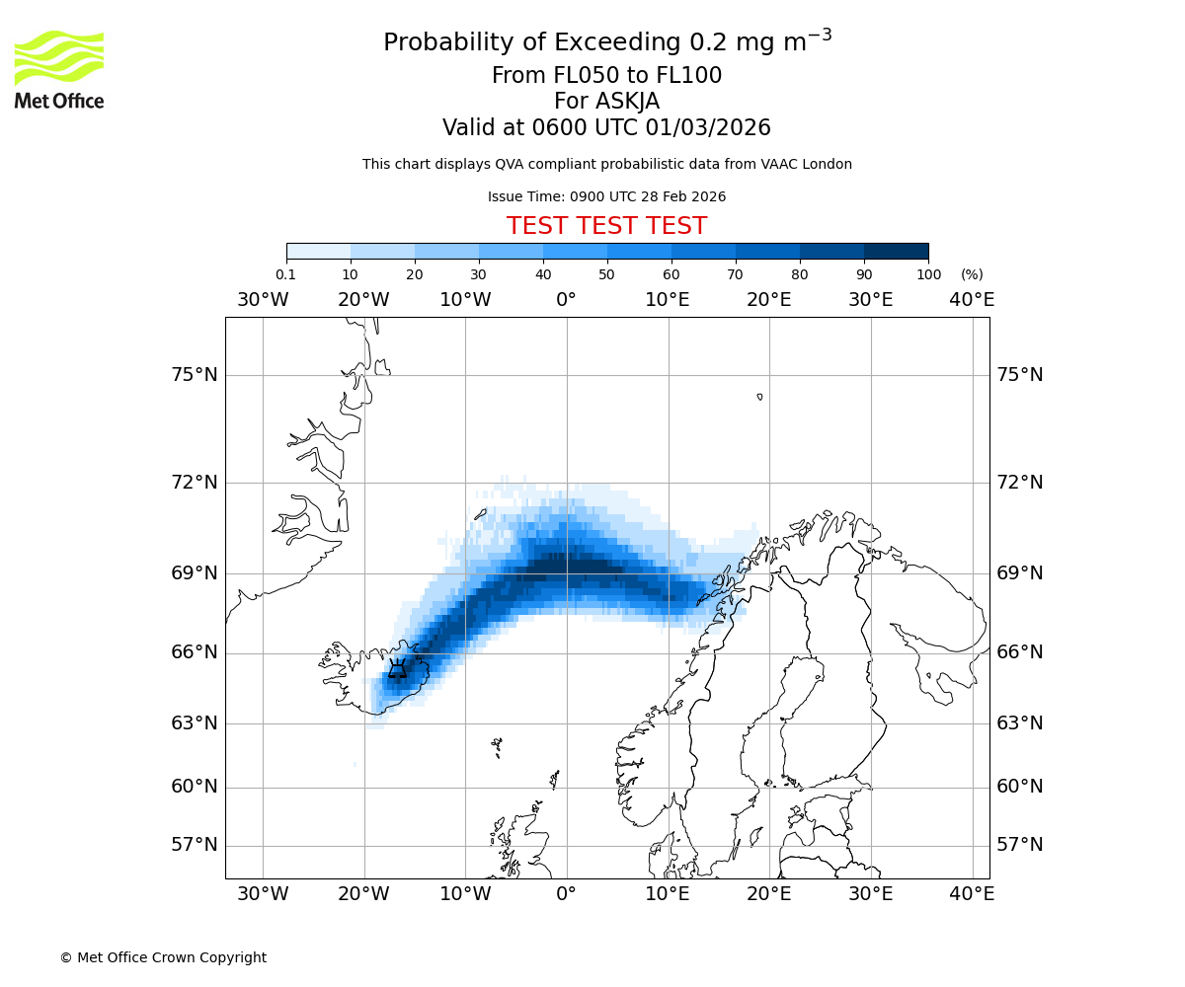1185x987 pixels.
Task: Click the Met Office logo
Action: (x=59, y=69)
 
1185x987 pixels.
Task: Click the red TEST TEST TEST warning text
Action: (x=606, y=226)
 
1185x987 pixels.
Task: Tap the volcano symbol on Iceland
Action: (x=397, y=669)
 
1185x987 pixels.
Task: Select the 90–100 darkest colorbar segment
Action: (x=896, y=251)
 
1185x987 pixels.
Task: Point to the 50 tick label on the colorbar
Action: (x=606, y=274)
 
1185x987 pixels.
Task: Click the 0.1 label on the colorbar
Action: (x=285, y=274)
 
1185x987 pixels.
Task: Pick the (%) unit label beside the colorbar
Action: (x=972, y=274)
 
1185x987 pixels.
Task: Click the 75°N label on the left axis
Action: (x=193, y=375)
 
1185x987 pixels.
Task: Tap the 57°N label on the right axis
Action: (x=1019, y=845)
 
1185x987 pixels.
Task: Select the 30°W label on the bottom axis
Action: (x=263, y=894)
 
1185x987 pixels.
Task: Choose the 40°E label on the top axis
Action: (x=972, y=300)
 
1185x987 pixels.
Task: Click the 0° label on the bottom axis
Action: (x=566, y=894)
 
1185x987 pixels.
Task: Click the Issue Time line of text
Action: (x=606, y=196)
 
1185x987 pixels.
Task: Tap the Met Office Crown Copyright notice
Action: (x=163, y=957)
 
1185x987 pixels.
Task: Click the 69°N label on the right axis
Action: (x=1019, y=573)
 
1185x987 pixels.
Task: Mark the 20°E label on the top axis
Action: (x=768, y=300)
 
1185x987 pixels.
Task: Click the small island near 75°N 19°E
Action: (x=759, y=397)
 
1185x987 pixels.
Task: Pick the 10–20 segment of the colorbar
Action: (x=382, y=251)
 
